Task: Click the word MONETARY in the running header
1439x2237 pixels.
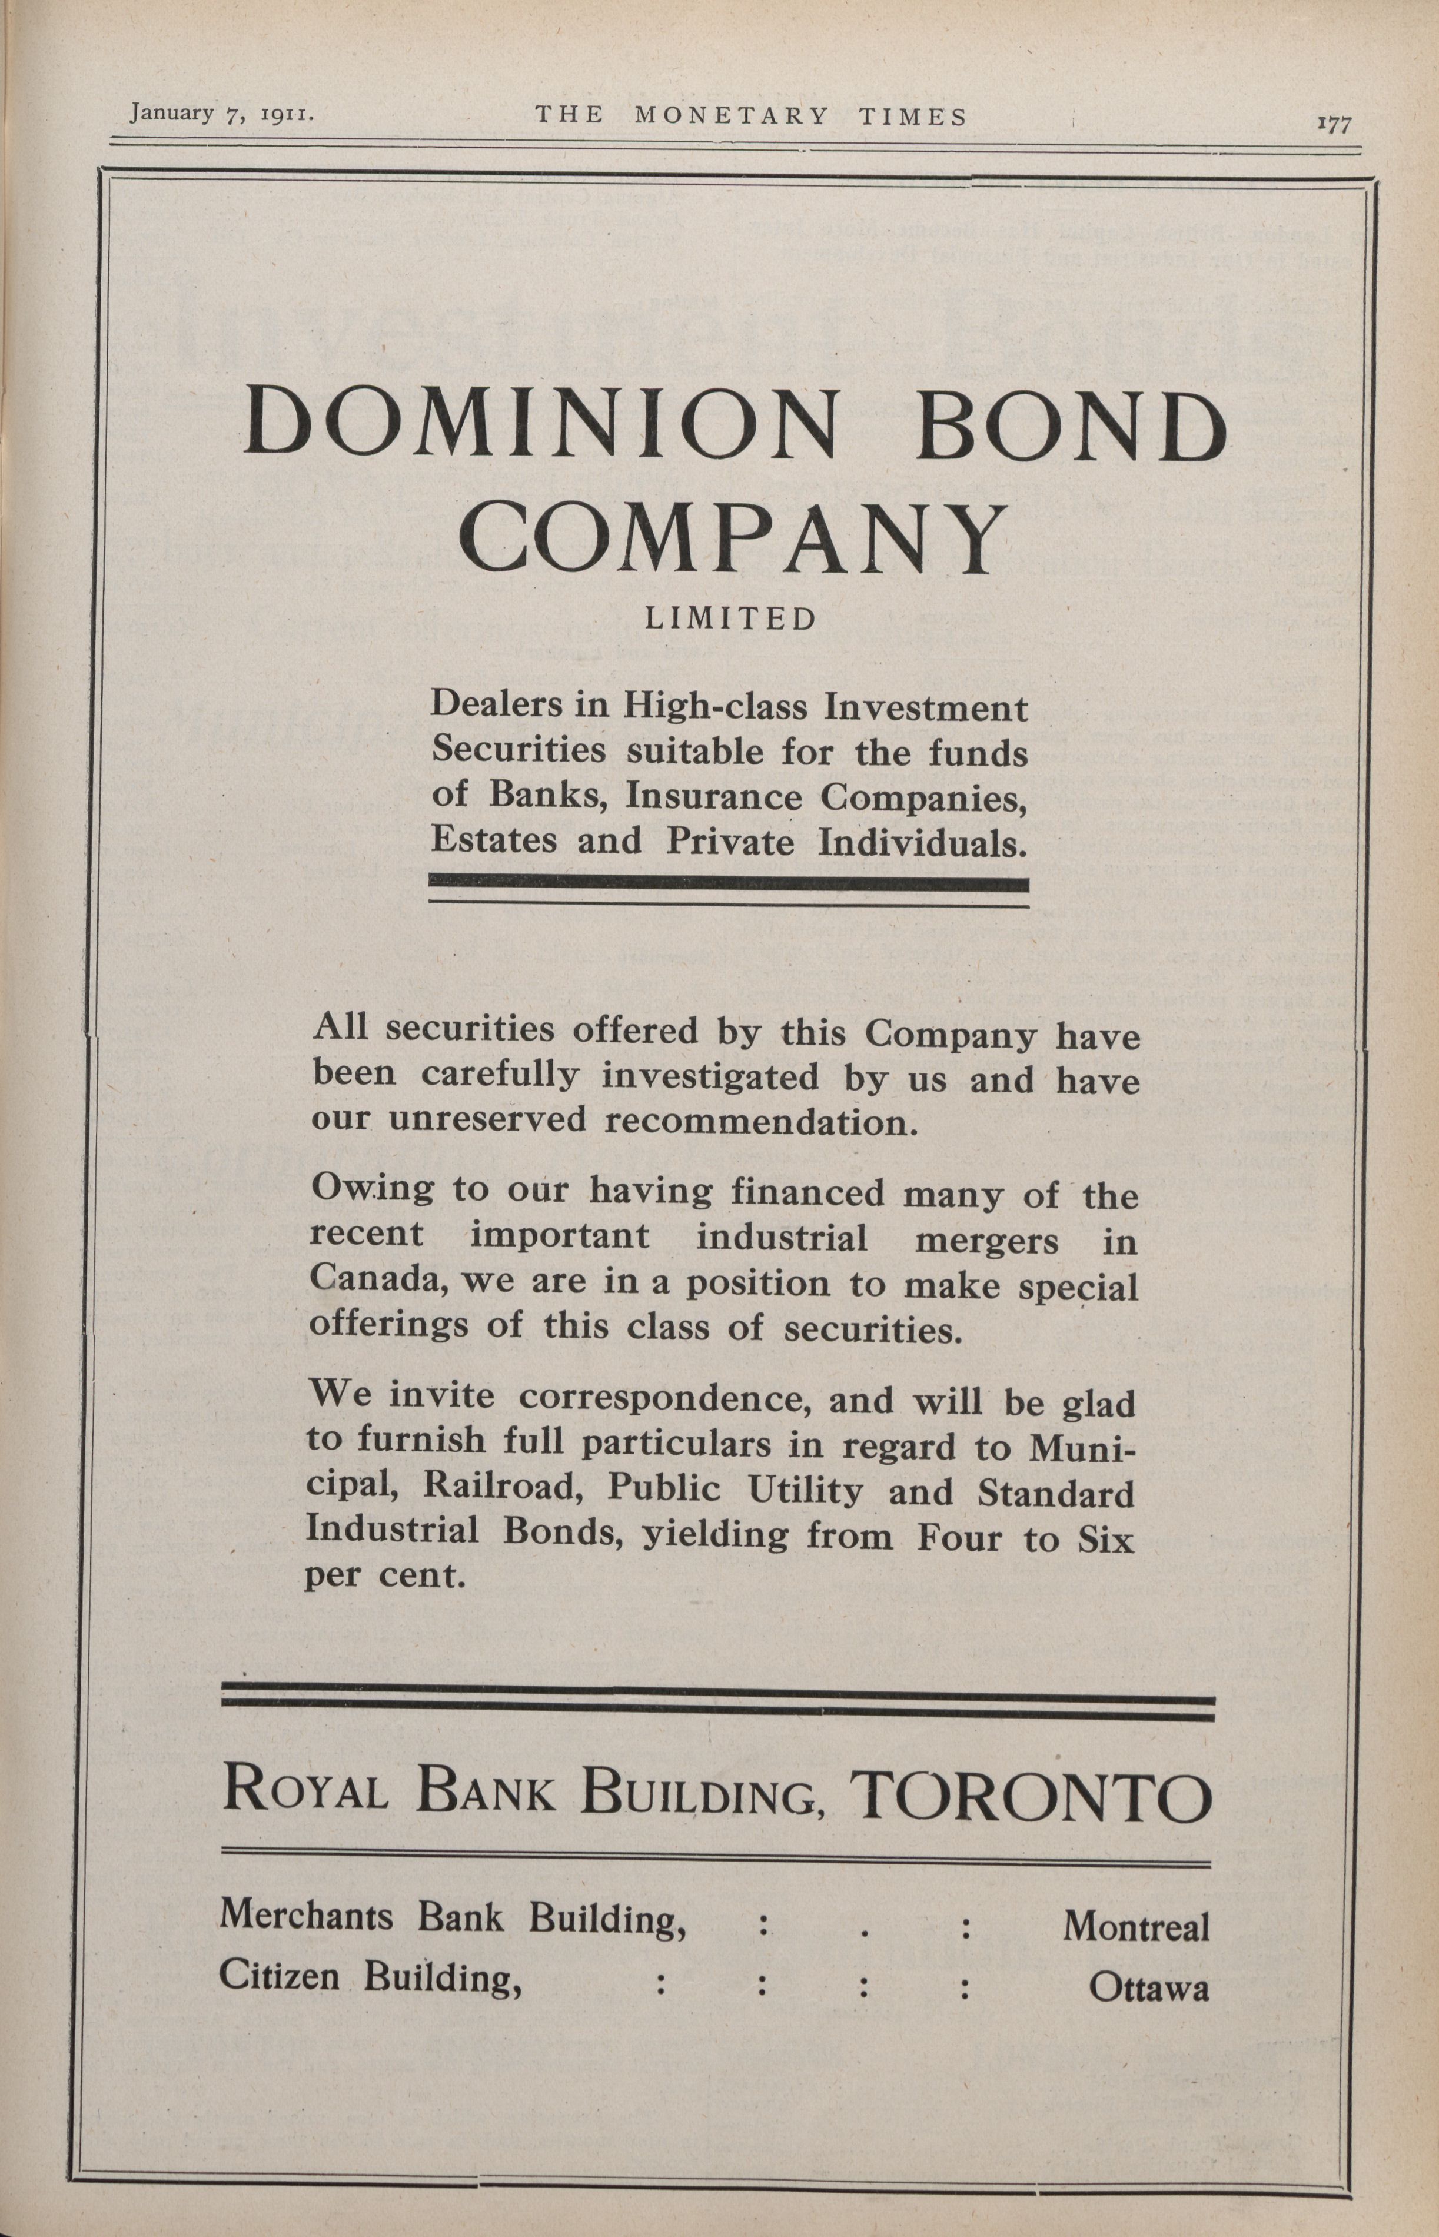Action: click(731, 116)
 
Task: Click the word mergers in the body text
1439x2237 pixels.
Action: click(987, 1240)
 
